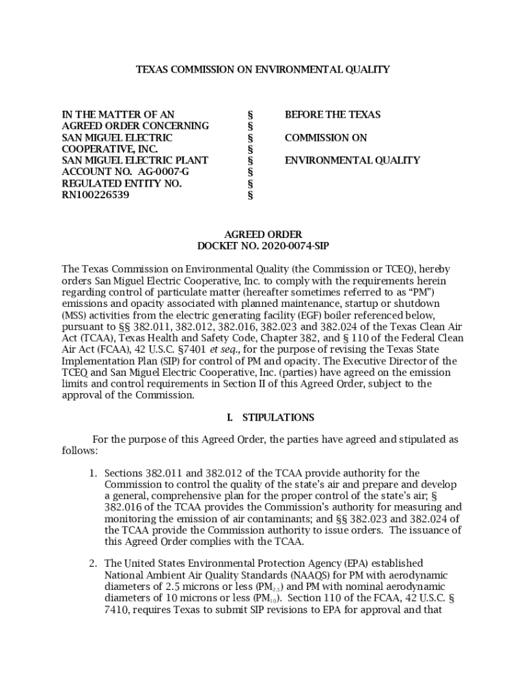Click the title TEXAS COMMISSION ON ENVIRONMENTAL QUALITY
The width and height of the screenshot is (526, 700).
tap(263, 69)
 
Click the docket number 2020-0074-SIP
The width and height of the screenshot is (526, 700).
tap(295, 245)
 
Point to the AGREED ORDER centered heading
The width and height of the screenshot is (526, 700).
tap(263, 234)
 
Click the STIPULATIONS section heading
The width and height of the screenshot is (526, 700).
tap(278, 417)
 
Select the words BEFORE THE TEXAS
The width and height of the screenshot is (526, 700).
tap(333, 114)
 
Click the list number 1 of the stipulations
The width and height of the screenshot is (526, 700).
tap(94, 472)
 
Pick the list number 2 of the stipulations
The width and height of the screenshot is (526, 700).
tap(94, 563)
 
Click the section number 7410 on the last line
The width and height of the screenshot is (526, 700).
tap(116, 610)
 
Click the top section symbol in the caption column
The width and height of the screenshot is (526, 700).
tap(249, 114)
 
